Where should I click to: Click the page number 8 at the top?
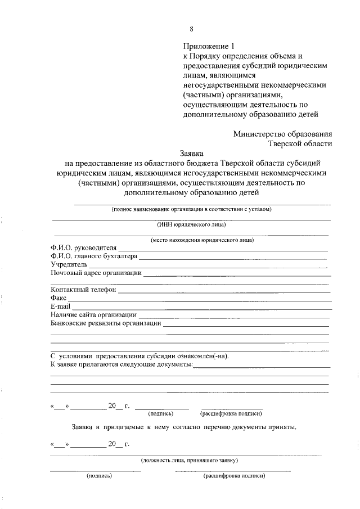point(192,29)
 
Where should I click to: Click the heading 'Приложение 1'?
point(207,46)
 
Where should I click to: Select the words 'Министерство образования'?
point(282,133)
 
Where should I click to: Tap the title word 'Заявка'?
point(192,152)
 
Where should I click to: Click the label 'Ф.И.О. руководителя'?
point(83,248)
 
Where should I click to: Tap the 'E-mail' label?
point(61,306)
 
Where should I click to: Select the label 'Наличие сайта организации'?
point(93,314)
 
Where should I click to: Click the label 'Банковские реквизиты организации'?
point(106,323)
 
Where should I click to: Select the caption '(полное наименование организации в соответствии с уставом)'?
point(192,209)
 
